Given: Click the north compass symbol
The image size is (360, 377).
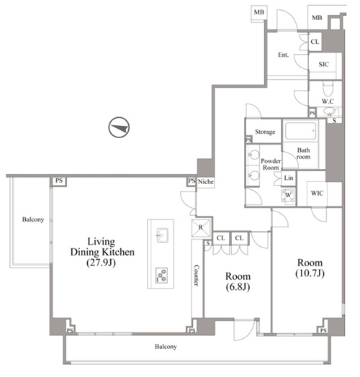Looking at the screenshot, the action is [119, 127].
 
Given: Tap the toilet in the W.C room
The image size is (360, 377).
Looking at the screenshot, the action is [328, 88].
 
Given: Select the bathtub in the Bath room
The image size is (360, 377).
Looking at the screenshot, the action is [300, 131].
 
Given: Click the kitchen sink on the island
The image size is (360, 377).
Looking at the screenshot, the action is [162, 235].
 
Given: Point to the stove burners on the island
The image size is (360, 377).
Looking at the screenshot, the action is [161, 275].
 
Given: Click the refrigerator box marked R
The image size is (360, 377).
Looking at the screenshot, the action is [201, 227].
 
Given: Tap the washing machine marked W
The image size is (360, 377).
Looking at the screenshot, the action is [288, 196].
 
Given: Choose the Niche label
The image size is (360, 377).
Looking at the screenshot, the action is [206, 181].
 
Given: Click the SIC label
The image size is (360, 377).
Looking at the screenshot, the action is [323, 64].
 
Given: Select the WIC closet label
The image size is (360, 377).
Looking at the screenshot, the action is [317, 193].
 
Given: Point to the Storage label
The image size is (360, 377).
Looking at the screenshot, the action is [265, 132].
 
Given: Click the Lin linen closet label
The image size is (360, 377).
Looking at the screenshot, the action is [289, 178].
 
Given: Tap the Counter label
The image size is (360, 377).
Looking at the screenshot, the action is [196, 276].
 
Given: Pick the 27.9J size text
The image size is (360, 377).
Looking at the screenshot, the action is [101, 263].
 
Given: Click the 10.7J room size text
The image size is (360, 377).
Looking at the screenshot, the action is [310, 273].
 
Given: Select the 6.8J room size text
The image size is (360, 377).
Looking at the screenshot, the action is [238, 287].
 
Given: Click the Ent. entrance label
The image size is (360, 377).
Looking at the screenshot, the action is [283, 55].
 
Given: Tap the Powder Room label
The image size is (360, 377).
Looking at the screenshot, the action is [271, 164].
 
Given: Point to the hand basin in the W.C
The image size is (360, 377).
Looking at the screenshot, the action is [328, 112].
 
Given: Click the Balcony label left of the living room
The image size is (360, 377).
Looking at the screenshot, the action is [33, 219].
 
